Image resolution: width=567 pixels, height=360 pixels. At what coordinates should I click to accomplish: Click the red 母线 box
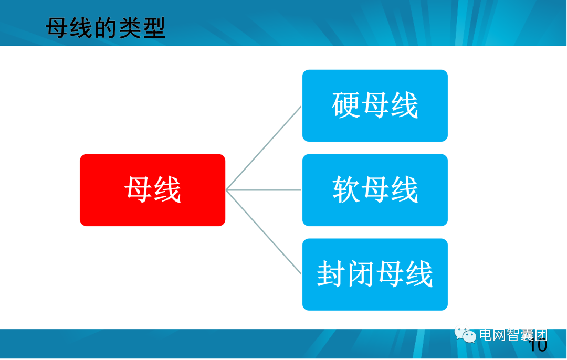152,190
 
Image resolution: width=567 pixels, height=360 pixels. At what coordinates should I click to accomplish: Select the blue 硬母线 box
375,105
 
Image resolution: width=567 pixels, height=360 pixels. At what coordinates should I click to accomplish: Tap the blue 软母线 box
375,190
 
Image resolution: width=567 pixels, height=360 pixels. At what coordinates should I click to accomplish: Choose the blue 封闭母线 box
375,274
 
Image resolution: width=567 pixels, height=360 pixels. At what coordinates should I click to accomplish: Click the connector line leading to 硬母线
264,149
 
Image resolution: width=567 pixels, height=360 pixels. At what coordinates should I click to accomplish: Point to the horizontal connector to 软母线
264,190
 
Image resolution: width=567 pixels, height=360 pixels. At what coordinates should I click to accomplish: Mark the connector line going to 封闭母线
264,231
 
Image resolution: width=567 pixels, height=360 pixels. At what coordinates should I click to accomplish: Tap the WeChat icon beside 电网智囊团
465,335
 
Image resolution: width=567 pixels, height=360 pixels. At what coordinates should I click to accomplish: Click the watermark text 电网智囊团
513,335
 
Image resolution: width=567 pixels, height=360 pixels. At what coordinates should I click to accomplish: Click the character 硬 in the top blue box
346,105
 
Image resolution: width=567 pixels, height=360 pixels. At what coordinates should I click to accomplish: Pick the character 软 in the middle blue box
346,190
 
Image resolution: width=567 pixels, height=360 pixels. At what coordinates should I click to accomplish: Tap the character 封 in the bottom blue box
331,274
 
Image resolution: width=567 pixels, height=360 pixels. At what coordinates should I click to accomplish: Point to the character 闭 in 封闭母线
360,274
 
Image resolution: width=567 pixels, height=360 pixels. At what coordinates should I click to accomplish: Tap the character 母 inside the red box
139,190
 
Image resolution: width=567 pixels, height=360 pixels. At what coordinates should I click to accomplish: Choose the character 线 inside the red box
167,190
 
